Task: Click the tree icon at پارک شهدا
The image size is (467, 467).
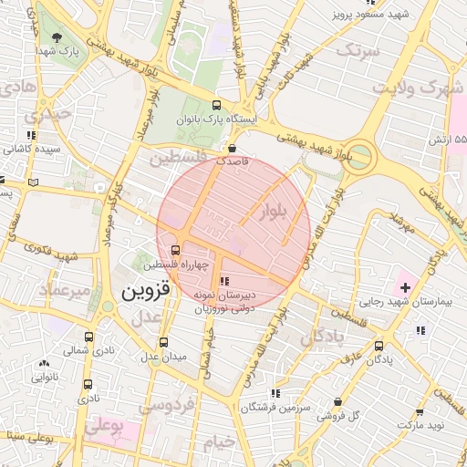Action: click(58, 38)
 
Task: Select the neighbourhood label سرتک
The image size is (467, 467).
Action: click(357, 52)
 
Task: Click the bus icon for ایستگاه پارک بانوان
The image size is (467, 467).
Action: click(216, 105)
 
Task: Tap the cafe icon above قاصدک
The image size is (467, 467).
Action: click(233, 146)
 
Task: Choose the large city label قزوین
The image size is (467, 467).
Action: click(145, 292)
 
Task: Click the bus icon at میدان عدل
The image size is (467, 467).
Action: click(163, 342)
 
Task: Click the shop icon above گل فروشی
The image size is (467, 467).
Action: click(338, 401)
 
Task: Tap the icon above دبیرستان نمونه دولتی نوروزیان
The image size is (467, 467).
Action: click(224, 282)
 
